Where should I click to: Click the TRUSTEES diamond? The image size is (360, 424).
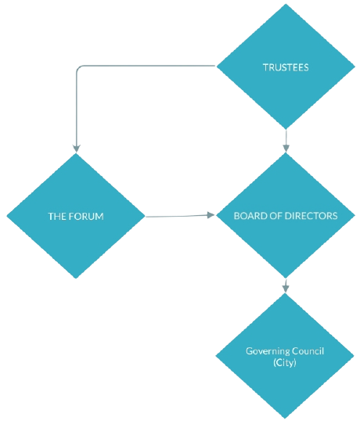286,66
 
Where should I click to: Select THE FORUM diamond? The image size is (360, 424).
76,216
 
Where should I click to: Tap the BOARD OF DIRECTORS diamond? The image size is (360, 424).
286,215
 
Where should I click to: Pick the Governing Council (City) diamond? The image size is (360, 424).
285,356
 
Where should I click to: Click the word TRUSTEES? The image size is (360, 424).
286,67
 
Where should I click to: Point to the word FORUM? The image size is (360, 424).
86,217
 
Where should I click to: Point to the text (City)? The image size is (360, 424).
285,362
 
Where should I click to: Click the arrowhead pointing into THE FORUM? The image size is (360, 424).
77,149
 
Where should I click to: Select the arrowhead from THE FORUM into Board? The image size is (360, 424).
211,215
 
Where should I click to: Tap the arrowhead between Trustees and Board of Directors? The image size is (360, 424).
286,149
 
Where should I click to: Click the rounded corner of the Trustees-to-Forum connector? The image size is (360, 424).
78,67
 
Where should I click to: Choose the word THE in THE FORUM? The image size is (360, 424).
57,217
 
